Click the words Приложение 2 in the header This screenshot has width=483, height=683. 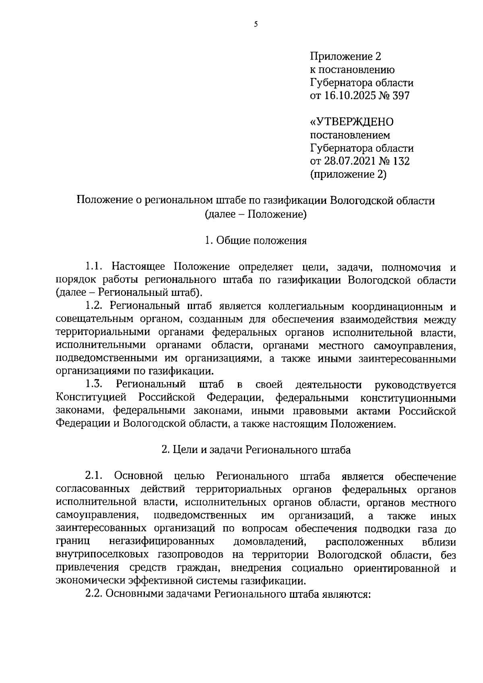point(345,56)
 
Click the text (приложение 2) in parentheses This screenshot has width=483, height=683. point(348,174)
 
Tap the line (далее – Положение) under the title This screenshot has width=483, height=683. point(256,214)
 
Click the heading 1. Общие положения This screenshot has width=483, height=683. point(256,241)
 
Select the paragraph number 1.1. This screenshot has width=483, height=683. point(95,267)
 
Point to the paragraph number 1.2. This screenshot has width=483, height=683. point(95,306)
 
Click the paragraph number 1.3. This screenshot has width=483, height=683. point(95,385)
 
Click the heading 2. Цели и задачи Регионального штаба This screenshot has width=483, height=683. point(256,450)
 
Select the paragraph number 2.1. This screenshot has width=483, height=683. point(95,476)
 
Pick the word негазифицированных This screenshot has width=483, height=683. point(161,542)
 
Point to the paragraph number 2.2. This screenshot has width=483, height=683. point(95,594)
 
